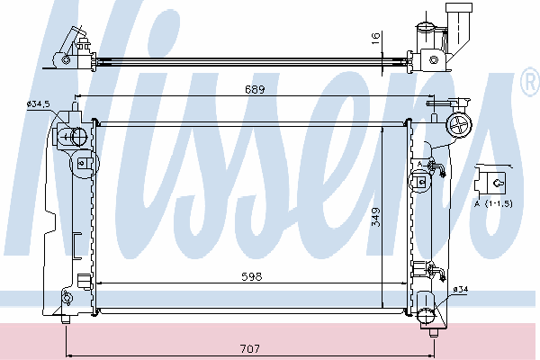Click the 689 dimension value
pyautogui.click(x=255, y=89)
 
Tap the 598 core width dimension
pyautogui.click(x=252, y=276)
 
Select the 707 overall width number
pyautogui.click(x=250, y=349)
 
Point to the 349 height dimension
pyautogui.click(x=376, y=217)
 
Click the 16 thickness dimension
pyautogui.click(x=375, y=38)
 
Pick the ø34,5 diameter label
pyautogui.click(x=39, y=103)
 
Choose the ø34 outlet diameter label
pyautogui.click(x=461, y=290)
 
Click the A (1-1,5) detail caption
pyautogui.click(x=493, y=203)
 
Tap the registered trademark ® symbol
pyautogui.click(x=531, y=81)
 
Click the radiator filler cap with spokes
pyautogui.click(x=459, y=125)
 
